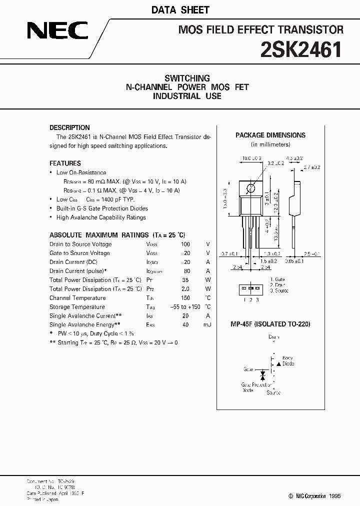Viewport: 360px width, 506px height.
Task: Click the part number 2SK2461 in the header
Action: coord(301,50)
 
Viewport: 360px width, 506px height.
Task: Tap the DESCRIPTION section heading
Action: coord(69,127)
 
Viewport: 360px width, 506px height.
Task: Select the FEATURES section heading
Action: coord(65,163)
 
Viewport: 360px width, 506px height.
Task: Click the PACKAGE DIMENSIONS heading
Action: coord(270,135)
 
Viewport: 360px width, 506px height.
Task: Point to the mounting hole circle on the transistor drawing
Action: coord(251,187)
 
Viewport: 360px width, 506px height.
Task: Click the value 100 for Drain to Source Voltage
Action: coord(185,244)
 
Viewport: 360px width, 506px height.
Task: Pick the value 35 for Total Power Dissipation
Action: coord(185,280)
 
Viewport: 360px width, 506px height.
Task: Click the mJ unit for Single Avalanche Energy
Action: coord(207,325)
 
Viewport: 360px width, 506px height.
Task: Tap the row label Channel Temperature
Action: coord(77,298)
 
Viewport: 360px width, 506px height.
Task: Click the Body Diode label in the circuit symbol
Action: coord(287,361)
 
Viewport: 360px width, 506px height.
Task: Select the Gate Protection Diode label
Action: coord(254,388)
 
